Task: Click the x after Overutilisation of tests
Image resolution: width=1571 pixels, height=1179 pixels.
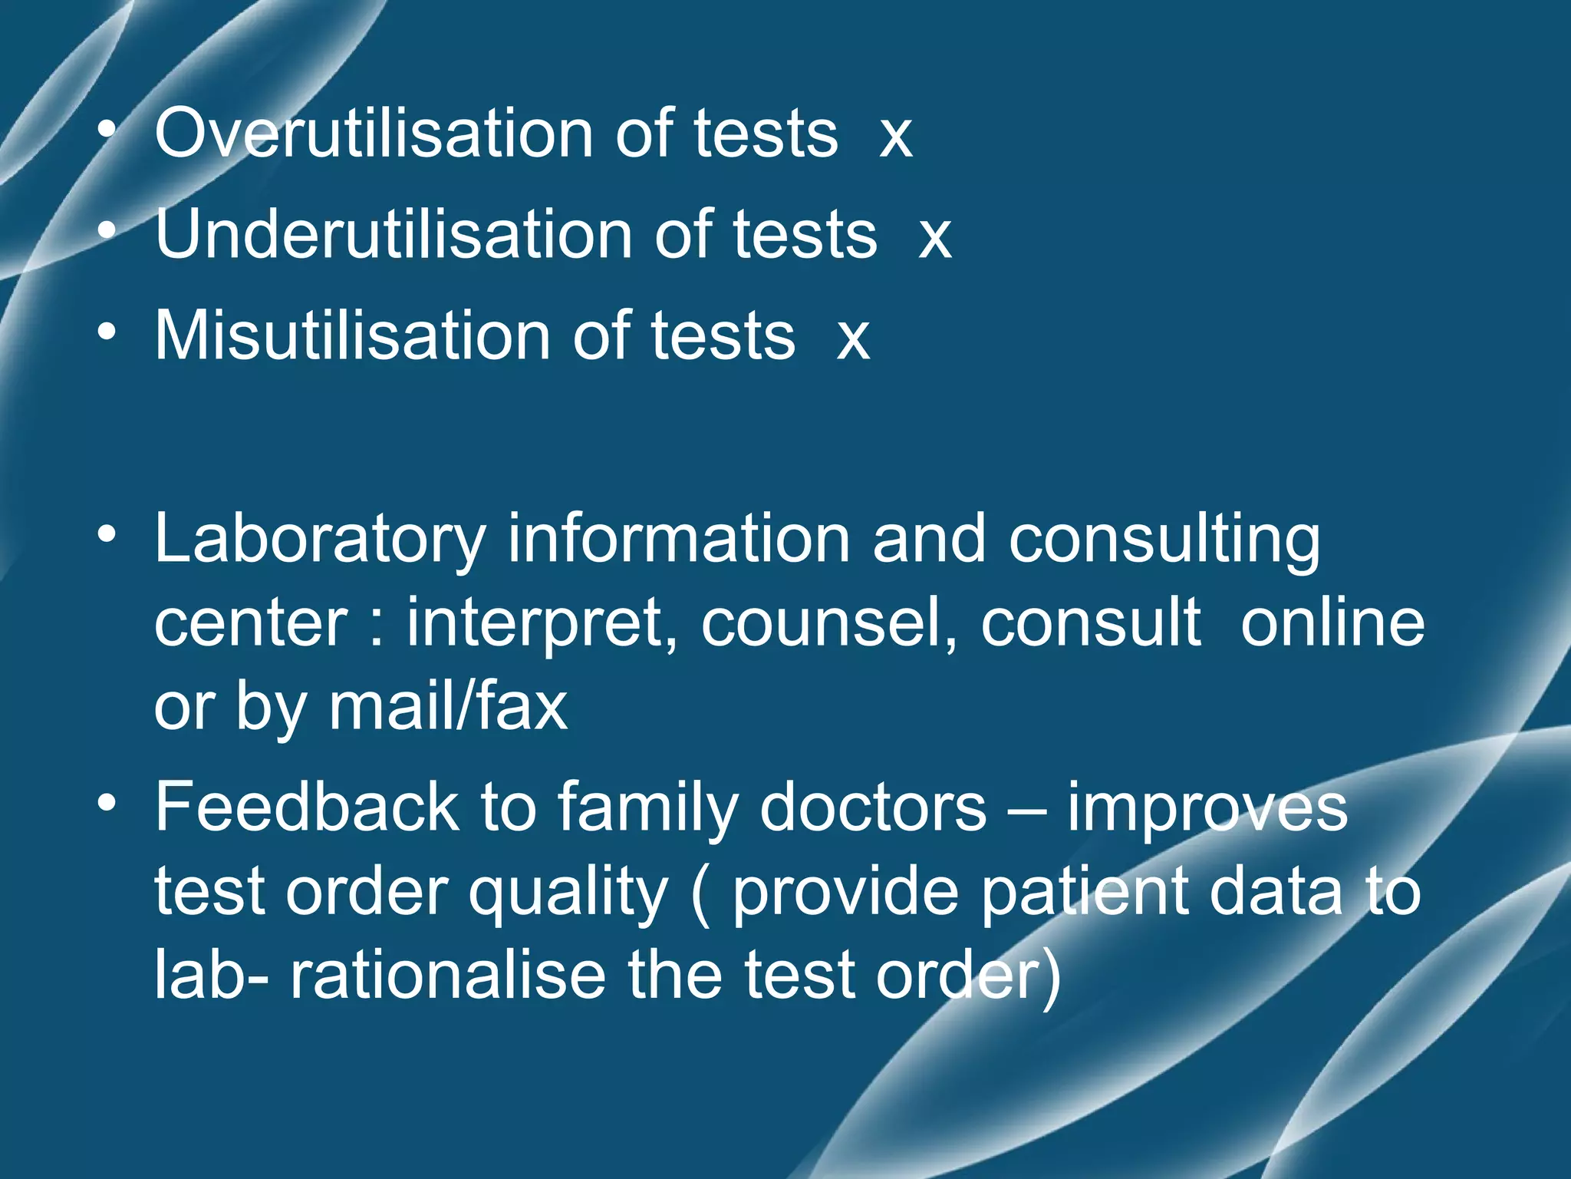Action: point(896,139)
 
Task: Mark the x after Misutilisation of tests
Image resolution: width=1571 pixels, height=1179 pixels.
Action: point(853,340)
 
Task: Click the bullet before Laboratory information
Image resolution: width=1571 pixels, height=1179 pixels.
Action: point(107,533)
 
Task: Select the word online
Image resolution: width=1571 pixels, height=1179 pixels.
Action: point(1332,623)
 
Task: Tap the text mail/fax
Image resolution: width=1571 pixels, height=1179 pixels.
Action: point(448,706)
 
